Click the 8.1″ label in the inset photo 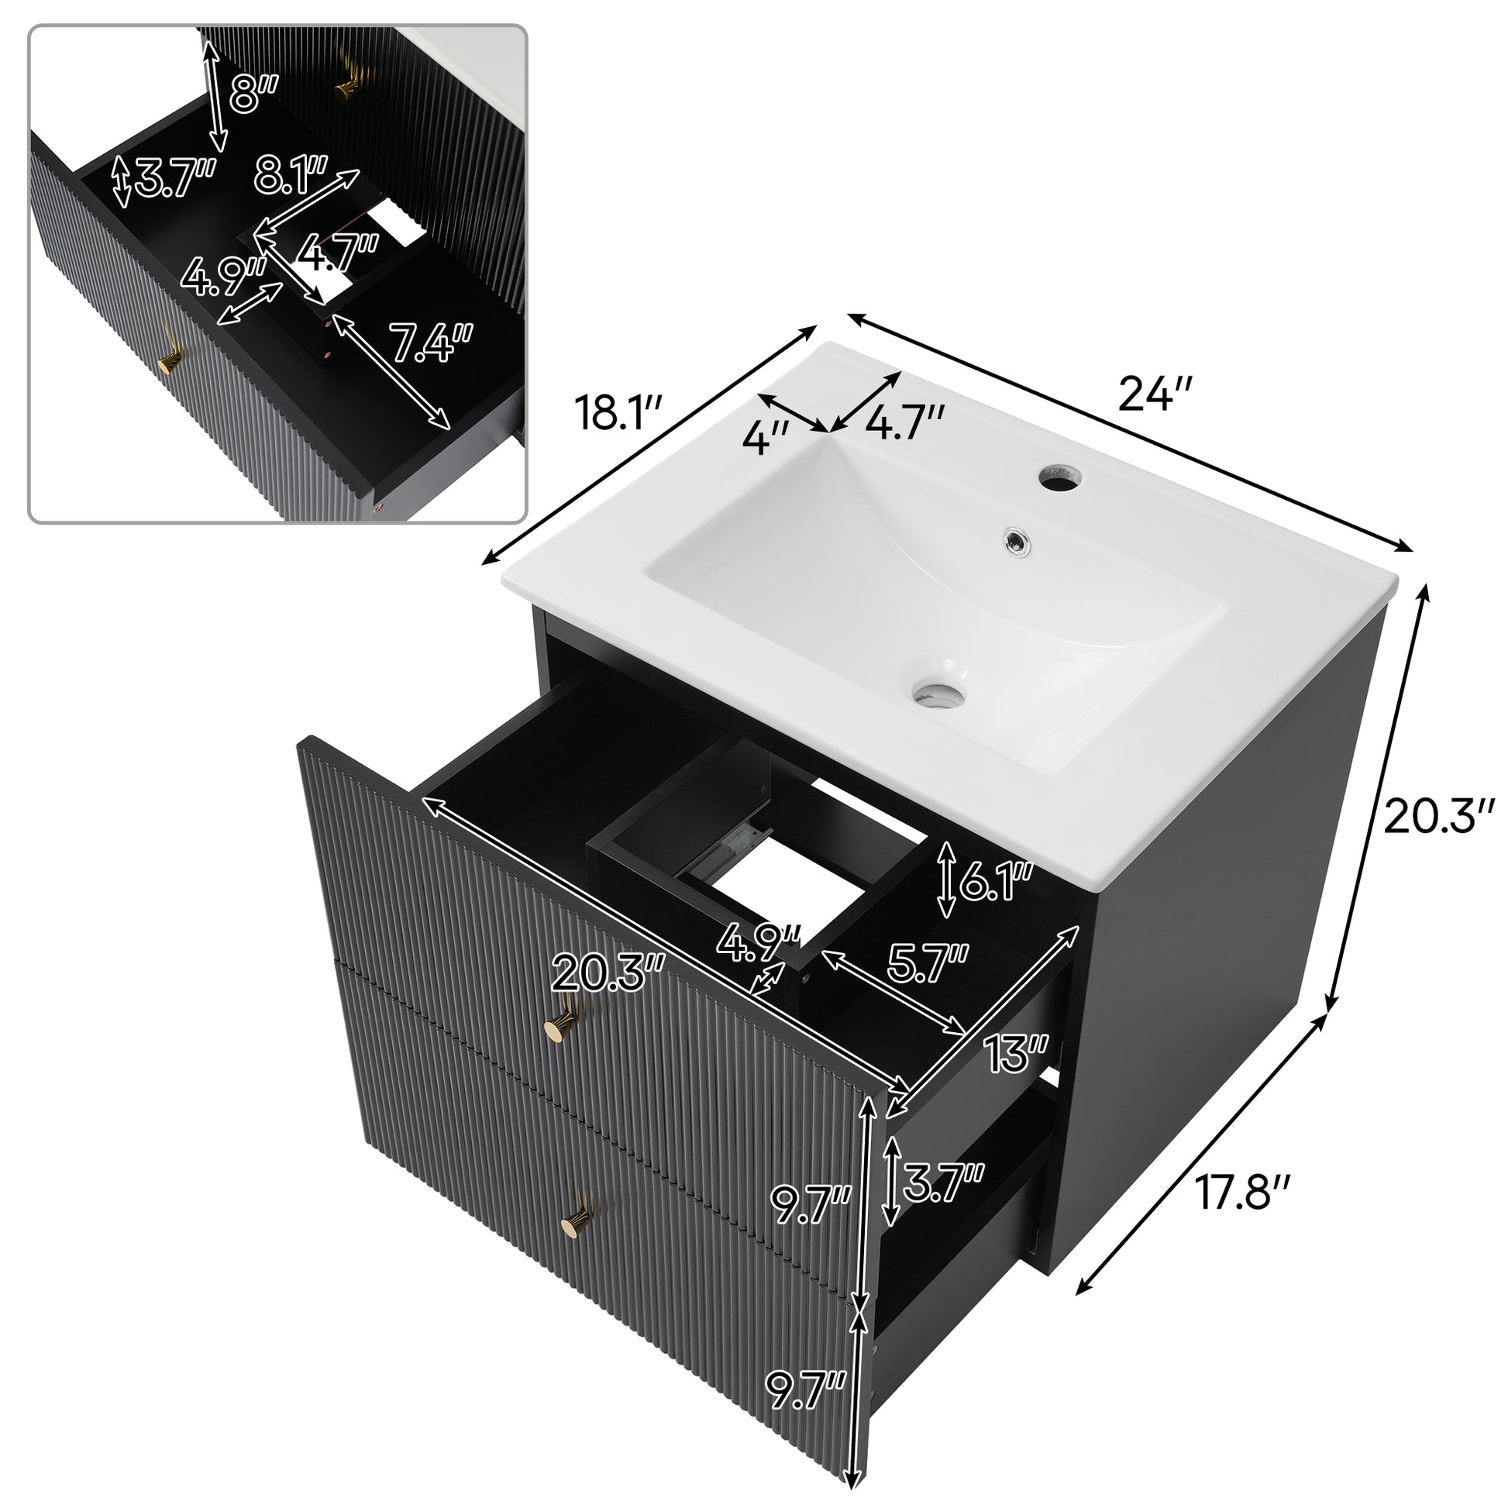[x=291, y=176]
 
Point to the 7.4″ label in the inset [x=432, y=343]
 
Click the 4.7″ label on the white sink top [x=905, y=424]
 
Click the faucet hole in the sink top [x=1061, y=477]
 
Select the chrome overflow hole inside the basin [x=1014, y=538]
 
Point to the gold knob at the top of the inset [x=346, y=87]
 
